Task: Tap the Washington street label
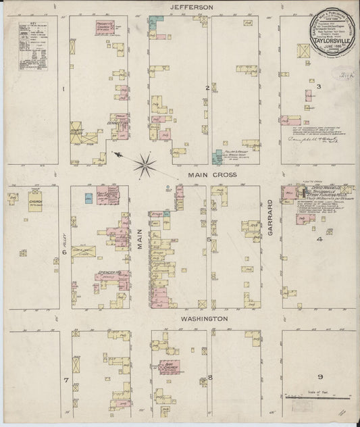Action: click(203, 318)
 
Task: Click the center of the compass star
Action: click(145, 163)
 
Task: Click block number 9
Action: click(320, 376)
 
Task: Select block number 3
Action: click(318, 86)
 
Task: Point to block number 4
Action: click(320, 238)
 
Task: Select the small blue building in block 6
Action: click(88, 198)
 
